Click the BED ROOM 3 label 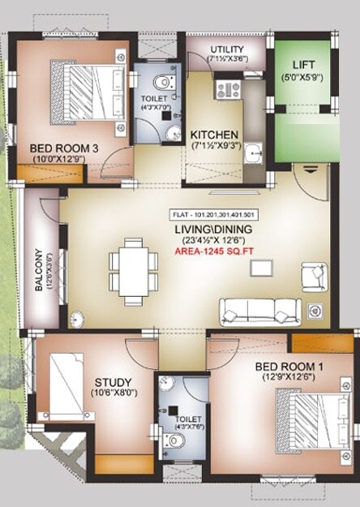65,148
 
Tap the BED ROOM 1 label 289,366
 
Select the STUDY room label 114,382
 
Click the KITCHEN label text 214,135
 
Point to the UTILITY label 227,49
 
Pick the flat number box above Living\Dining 214,215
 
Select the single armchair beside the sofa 313,276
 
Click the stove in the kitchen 227,88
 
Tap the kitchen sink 253,153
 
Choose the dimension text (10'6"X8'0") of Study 114,394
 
